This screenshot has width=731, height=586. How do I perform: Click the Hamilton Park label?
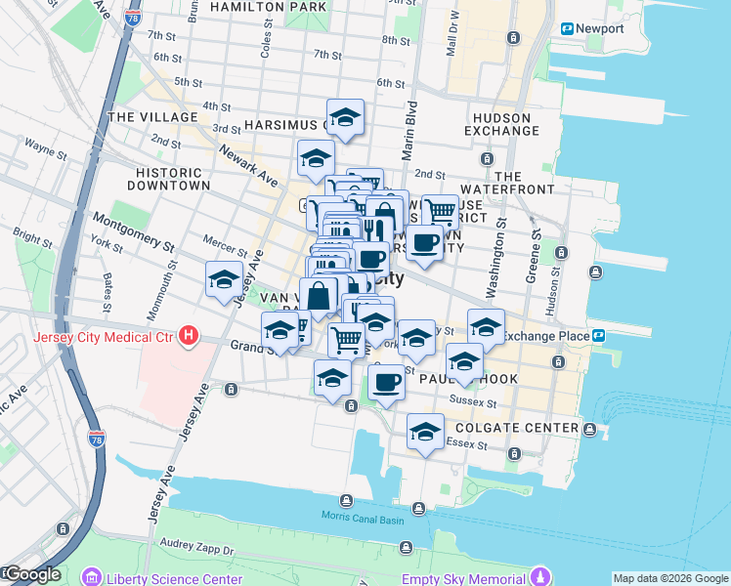coord(268,7)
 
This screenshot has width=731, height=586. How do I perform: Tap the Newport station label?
coord(599,28)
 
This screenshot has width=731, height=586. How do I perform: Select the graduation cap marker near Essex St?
coord(425,432)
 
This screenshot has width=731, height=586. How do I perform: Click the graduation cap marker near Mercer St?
coord(224,280)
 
